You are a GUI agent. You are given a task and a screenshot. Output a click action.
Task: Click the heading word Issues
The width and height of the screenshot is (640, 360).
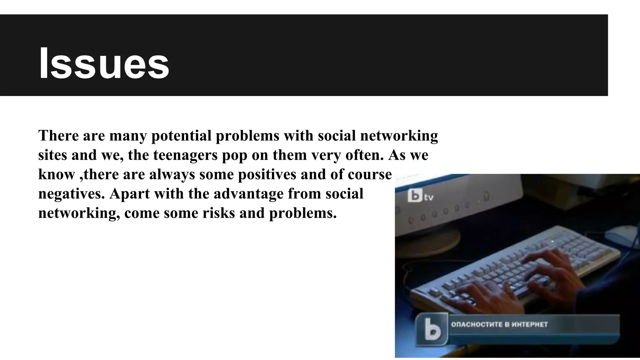(x=104, y=64)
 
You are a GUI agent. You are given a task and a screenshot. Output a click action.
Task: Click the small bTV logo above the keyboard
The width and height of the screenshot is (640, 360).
(x=420, y=196)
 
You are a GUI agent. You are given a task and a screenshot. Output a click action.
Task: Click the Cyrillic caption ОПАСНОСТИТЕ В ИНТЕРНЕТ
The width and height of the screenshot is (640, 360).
(x=499, y=325)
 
